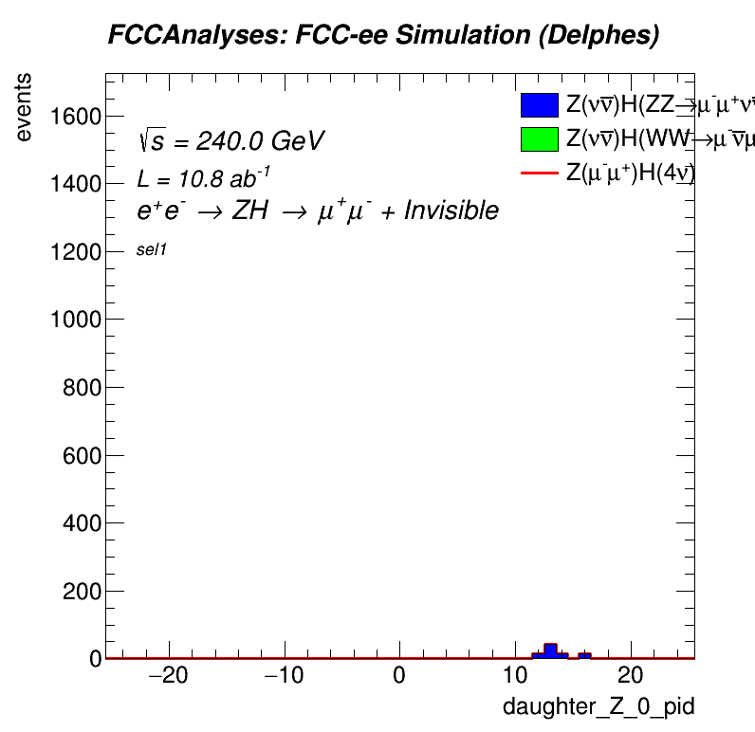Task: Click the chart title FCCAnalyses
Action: click(383, 35)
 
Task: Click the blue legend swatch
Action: click(538, 105)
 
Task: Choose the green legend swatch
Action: click(538, 139)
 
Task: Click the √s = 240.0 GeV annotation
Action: click(231, 141)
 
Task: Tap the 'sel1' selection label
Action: click(152, 250)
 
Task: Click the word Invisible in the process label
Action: click(451, 210)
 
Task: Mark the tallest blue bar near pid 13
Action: click(549, 650)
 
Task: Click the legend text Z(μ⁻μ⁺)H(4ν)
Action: click(631, 173)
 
